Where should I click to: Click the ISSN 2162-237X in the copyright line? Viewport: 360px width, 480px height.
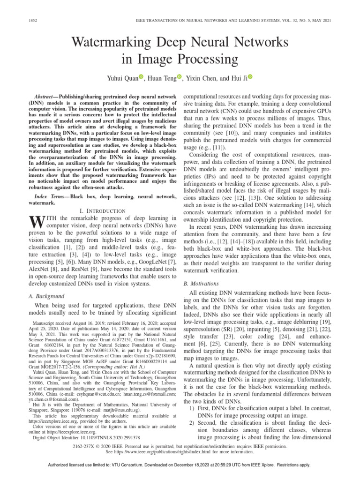(x=82, y=434)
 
